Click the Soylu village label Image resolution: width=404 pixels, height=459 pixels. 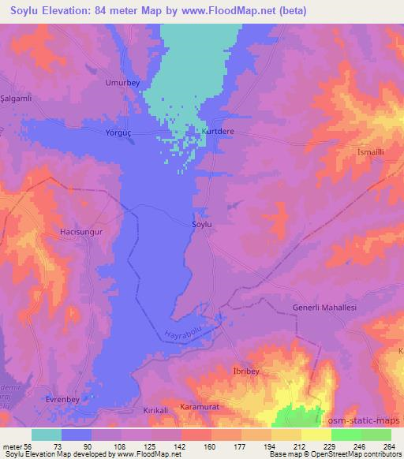tap(203, 224)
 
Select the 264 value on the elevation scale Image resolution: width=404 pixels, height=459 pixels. tap(389, 446)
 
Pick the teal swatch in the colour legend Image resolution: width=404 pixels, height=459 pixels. tap(47, 435)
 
